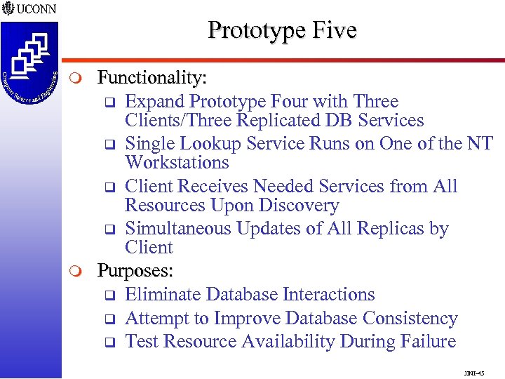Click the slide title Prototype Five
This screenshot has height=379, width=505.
pyautogui.click(x=282, y=30)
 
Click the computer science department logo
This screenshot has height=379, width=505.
pyautogui.click(x=29, y=63)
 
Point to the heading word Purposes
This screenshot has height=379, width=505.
pyautogui.click(x=135, y=270)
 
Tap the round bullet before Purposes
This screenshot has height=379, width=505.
pyautogui.click(x=79, y=271)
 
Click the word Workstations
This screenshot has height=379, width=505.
pyautogui.click(x=177, y=162)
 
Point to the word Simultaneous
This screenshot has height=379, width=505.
pyautogui.click(x=178, y=229)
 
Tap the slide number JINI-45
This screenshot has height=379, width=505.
pyautogui.click(x=474, y=372)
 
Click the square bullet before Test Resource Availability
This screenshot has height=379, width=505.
pyautogui.click(x=109, y=343)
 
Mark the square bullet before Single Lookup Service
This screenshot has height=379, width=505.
pyautogui.click(x=109, y=145)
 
